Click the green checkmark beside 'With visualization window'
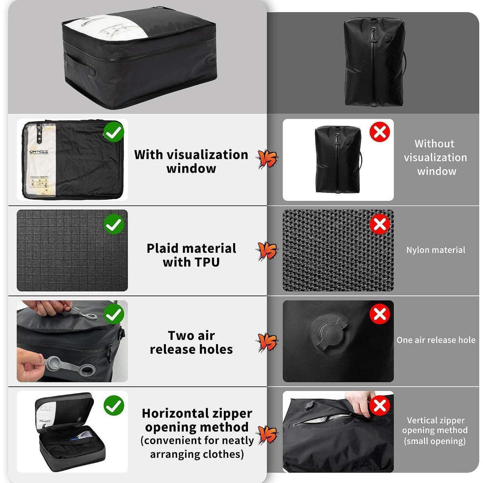(x=114, y=132)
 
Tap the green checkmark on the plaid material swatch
(x=114, y=224)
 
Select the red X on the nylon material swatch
(x=380, y=224)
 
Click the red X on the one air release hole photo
(x=380, y=314)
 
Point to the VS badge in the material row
(x=267, y=251)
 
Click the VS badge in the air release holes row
(x=267, y=342)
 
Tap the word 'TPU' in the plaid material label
(x=207, y=262)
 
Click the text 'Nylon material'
(x=436, y=250)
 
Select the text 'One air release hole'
(x=436, y=340)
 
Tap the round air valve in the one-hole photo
(x=329, y=333)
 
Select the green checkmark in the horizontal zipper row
(x=114, y=406)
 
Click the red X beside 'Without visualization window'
(x=380, y=132)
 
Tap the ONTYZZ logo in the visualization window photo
(x=39, y=151)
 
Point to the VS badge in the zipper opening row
(x=267, y=434)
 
